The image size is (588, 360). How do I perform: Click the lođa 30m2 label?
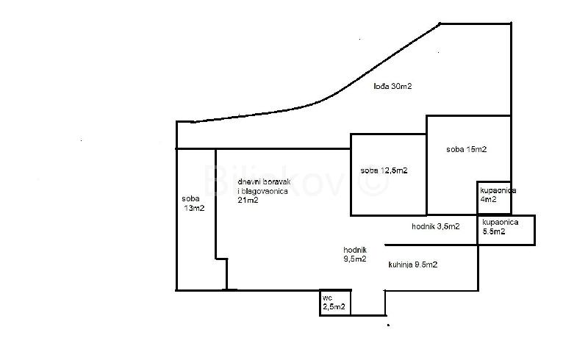pyautogui.click(x=392, y=86)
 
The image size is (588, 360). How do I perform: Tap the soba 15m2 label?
pyautogui.click(x=467, y=149)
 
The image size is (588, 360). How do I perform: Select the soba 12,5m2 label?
pyautogui.click(x=384, y=170)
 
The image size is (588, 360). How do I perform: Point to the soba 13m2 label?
pyautogui.click(x=193, y=204)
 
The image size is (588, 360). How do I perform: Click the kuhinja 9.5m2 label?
pyautogui.click(x=413, y=264)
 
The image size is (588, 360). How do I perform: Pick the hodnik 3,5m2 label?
pyautogui.click(x=436, y=226)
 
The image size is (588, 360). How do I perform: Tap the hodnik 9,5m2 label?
pyautogui.click(x=355, y=254)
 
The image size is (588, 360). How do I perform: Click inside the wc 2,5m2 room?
pyautogui.click(x=335, y=303)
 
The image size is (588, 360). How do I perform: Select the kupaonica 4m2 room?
pyautogui.click(x=494, y=198)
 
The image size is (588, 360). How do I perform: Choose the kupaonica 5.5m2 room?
pyautogui.click(x=506, y=230)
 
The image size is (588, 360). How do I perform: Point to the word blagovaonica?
pyautogui.click(x=266, y=191)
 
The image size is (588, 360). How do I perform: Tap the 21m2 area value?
pyautogui.click(x=248, y=201)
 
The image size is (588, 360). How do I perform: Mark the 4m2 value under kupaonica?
pyautogui.click(x=489, y=200)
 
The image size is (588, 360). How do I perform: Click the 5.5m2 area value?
pyautogui.click(x=494, y=231)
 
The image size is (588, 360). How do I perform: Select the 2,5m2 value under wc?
pyautogui.click(x=334, y=307)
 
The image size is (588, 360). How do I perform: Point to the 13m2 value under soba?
pyautogui.click(x=195, y=208)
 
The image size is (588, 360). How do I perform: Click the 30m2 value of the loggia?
pyautogui.click(x=401, y=86)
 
